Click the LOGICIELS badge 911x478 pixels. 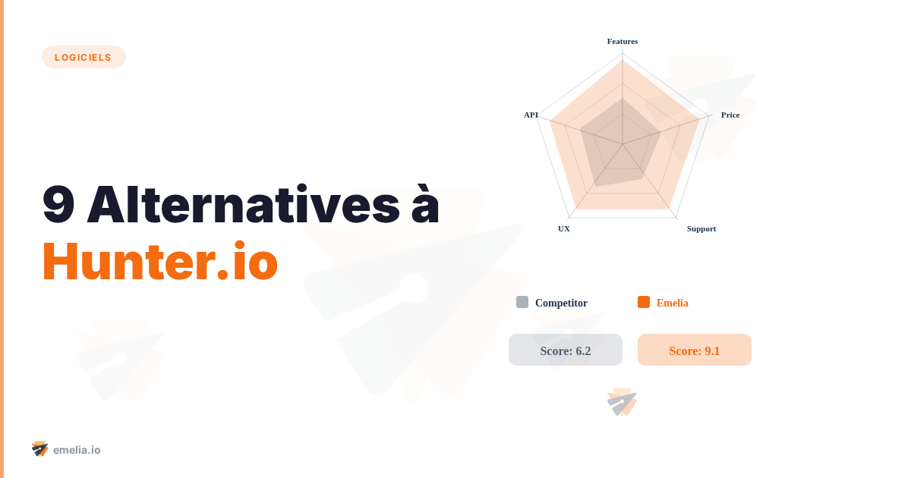pos(84,57)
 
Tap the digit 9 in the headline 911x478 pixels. pos(58,205)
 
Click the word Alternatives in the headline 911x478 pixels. pos(244,205)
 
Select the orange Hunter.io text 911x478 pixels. pos(160,262)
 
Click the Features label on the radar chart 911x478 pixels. pos(623,41)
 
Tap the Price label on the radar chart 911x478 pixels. pos(730,115)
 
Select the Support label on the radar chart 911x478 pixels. pos(701,228)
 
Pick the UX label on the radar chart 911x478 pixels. pos(564,228)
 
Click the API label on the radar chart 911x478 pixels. pos(531,115)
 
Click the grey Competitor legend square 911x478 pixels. pos(522,302)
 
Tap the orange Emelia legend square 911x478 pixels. pos(644,302)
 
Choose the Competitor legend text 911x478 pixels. pos(561,303)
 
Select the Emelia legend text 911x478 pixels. pos(673,303)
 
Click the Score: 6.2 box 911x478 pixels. pos(566,350)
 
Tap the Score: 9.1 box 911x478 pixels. pos(695,350)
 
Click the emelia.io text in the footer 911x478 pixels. pos(77,450)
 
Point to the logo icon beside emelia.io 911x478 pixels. pos(40,449)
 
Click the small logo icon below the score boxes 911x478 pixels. pos(623,402)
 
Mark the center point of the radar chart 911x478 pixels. pos(623,144)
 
